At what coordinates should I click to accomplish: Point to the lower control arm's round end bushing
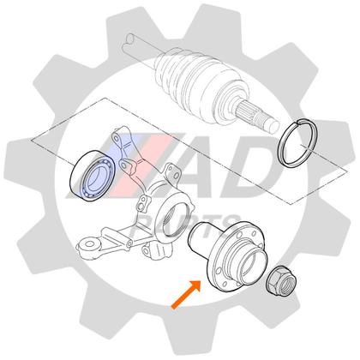point(87,249)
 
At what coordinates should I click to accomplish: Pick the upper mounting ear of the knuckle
point(120,146)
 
